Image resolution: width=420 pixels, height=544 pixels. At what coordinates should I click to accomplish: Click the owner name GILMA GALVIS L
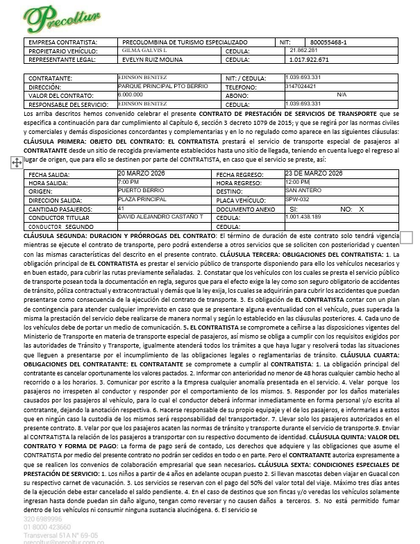tap(143, 51)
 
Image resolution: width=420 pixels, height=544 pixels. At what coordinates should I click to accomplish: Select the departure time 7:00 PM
tap(128, 182)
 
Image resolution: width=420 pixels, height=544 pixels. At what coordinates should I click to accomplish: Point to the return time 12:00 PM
tap(297, 182)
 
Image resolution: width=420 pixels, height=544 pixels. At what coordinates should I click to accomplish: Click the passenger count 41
tap(121, 208)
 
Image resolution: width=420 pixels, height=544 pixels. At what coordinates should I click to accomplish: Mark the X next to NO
tap(362, 208)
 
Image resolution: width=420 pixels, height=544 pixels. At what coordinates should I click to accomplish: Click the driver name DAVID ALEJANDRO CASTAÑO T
tap(160, 217)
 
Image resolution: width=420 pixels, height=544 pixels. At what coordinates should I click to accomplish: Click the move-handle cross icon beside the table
tap(15, 161)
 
